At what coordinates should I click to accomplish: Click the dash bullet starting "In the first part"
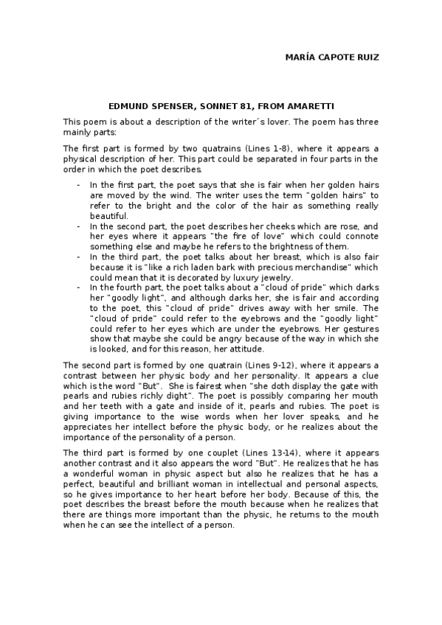(x=79, y=185)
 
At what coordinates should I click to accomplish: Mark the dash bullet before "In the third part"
(x=79, y=256)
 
